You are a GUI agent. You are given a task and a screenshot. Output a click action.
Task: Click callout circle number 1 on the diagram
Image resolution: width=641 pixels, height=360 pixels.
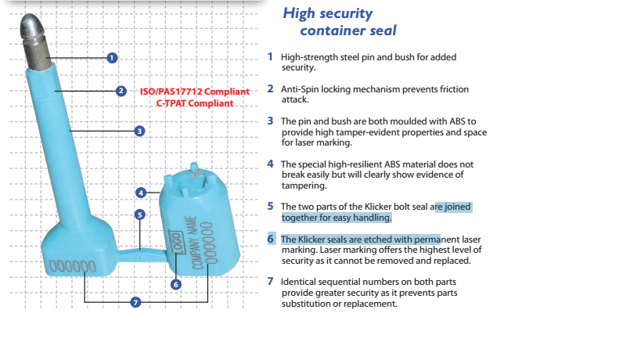112,58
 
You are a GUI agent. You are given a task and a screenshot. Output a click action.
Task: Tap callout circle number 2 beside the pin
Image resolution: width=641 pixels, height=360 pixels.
121,91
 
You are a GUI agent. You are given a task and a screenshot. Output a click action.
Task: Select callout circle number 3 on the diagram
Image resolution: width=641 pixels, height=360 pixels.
139,131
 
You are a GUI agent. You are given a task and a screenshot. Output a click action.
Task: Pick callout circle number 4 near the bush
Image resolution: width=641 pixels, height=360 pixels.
141,193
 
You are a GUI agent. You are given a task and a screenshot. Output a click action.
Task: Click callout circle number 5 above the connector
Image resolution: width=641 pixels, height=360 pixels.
140,214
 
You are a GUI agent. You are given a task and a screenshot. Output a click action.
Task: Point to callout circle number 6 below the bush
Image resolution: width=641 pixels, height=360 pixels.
176,284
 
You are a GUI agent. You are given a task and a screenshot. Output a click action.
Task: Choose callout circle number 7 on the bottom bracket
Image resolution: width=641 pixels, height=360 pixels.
135,302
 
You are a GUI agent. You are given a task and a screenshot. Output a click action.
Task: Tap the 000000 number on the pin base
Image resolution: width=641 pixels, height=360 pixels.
73,266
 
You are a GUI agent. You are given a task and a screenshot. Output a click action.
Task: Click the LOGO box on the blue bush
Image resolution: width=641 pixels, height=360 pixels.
176,242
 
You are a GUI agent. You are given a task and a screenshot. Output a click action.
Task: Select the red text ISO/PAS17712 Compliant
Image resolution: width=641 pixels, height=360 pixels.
195,92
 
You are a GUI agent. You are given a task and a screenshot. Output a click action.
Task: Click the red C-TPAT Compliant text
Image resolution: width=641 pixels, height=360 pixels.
195,103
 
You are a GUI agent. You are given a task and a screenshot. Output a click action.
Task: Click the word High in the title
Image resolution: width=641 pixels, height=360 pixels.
299,13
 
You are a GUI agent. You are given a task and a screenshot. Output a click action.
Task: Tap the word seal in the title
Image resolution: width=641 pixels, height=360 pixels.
383,31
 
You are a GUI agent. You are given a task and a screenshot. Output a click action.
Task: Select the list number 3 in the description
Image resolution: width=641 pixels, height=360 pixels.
270,121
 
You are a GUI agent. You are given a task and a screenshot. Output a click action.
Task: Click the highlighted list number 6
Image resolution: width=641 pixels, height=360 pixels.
271,239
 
